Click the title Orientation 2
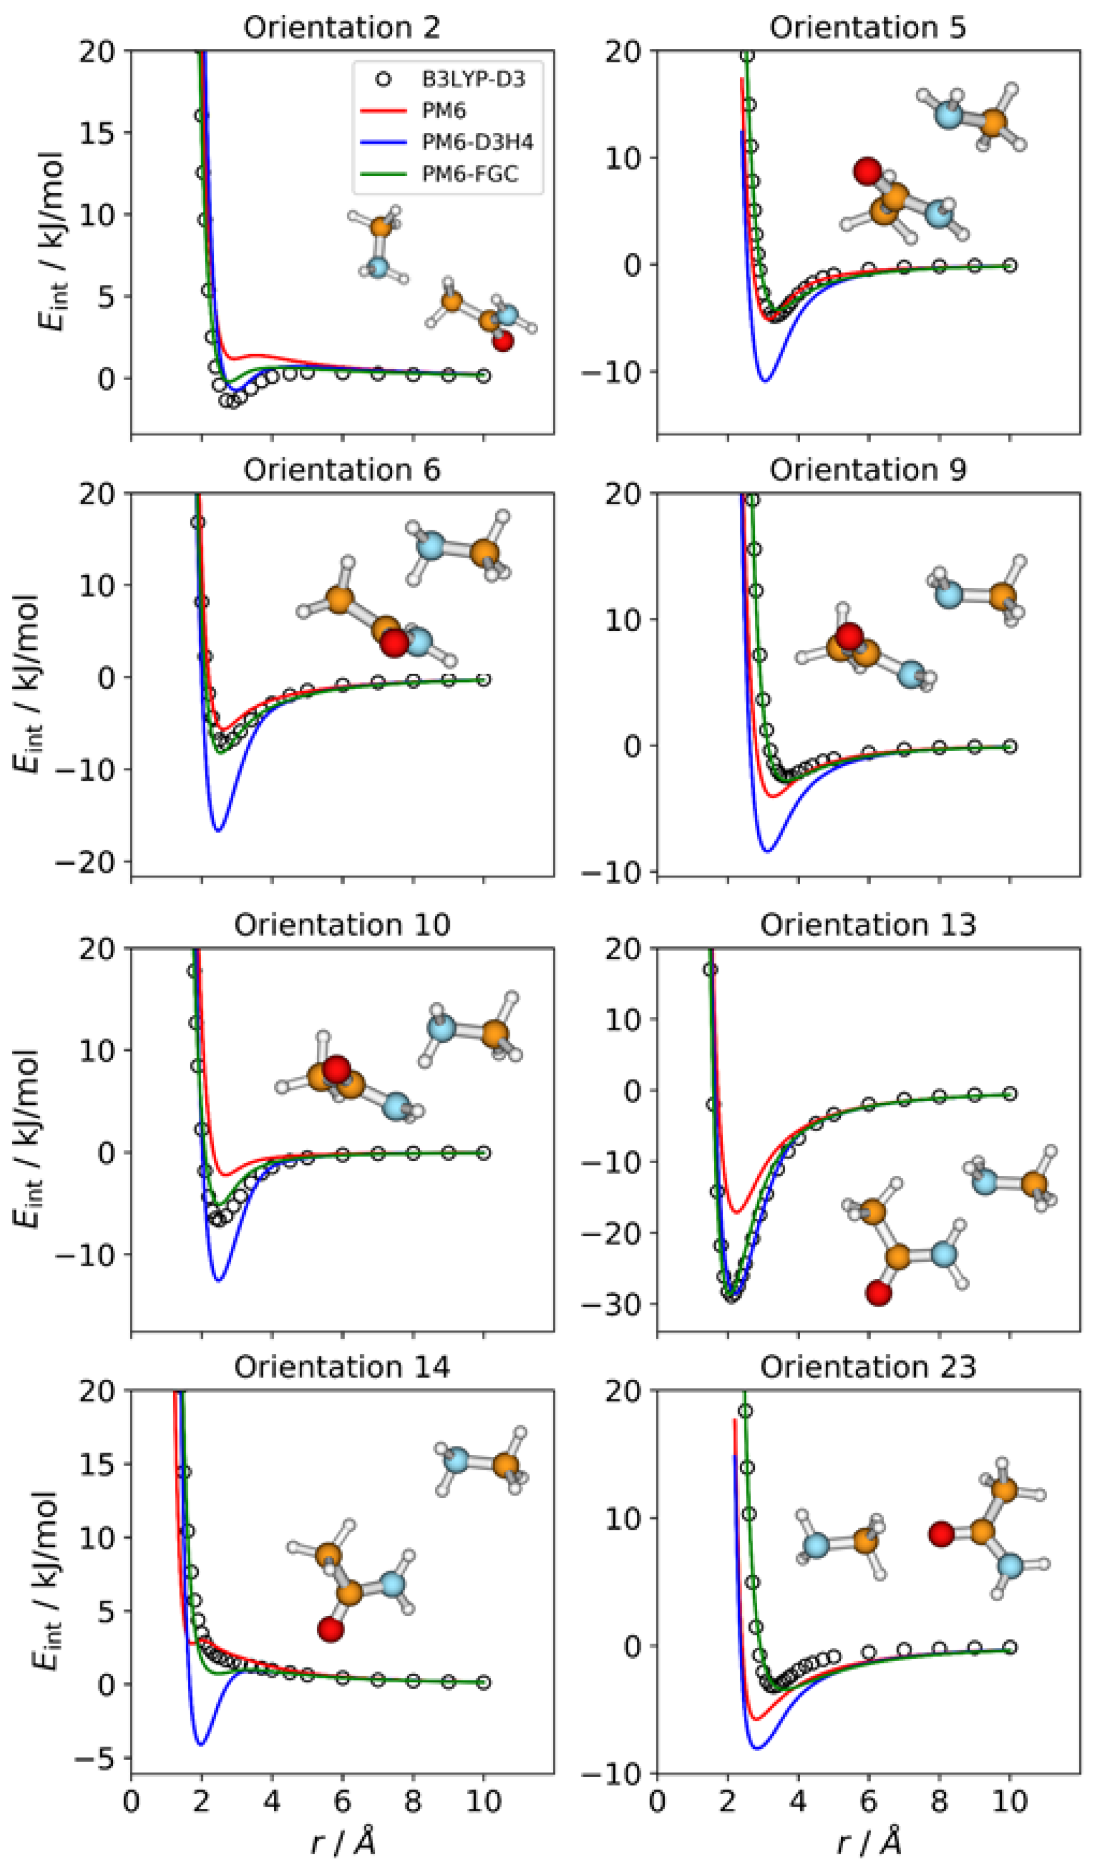coord(341,28)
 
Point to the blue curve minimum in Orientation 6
coord(219,830)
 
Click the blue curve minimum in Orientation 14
coord(200,1744)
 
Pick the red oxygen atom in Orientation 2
coord(503,341)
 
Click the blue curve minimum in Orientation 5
coord(765,380)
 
